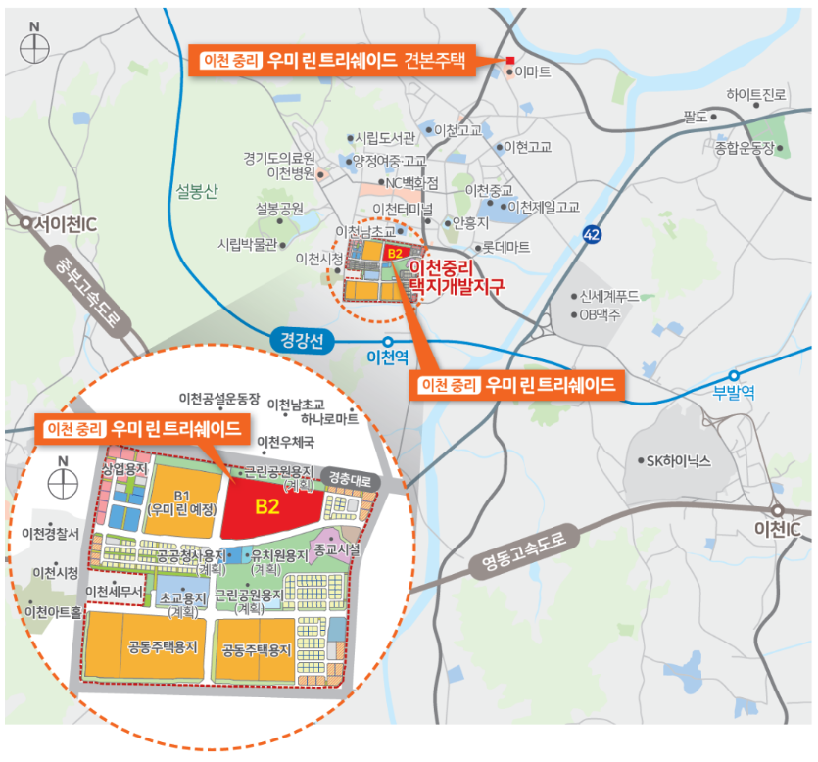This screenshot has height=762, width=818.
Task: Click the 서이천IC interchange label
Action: click(x=67, y=224)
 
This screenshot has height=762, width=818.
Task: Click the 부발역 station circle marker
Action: click(x=734, y=375)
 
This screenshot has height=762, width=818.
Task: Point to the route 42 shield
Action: click(x=591, y=235)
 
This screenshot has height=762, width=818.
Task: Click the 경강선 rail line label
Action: click(x=301, y=342)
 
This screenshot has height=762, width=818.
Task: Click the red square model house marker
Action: click(x=509, y=62)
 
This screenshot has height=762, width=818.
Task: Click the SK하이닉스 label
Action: click(x=677, y=460)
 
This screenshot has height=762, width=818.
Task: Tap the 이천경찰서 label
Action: click(x=50, y=533)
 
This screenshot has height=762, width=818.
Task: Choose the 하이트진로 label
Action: click(x=756, y=95)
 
